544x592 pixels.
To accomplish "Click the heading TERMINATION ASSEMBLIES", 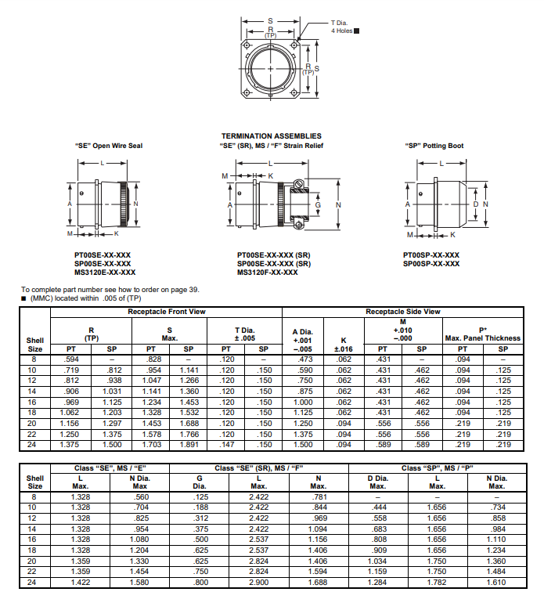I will [x=271, y=136].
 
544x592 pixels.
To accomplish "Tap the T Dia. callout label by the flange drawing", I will [x=341, y=23].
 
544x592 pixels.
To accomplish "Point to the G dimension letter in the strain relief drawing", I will [x=318, y=204].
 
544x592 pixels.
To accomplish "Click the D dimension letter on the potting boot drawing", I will [x=476, y=204].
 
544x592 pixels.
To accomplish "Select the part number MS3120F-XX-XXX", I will [x=267, y=273].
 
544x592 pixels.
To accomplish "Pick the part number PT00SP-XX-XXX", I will [x=431, y=255].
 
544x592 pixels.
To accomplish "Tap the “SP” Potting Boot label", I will [x=434, y=146].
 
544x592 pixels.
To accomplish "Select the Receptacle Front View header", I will [x=167, y=312].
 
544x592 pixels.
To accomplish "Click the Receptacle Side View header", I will [x=402, y=312].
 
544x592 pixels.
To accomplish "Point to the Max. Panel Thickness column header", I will [x=482, y=338].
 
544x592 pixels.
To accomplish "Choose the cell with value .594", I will [x=72, y=359].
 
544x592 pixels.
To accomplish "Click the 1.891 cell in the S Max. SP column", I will [x=188, y=445].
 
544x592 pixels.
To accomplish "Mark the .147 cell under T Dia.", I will [x=225, y=445].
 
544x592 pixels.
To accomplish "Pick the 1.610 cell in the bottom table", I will [x=496, y=583].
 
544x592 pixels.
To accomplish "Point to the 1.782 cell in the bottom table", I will [x=437, y=583].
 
